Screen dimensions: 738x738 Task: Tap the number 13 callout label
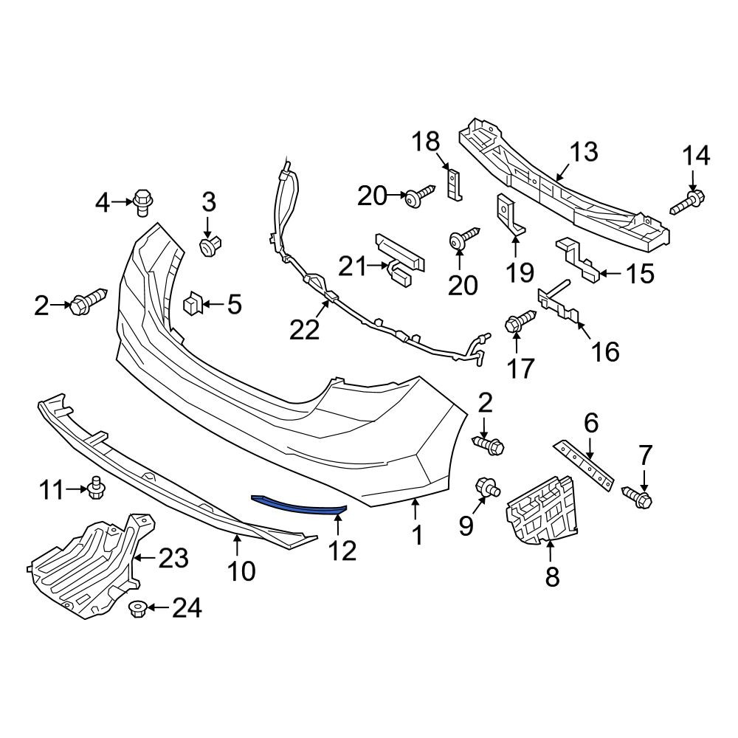[x=584, y=151]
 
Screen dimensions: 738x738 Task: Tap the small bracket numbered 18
[x=454, y=185]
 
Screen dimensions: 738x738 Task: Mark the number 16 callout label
[x=605, y=352]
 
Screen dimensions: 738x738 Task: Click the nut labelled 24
[x=137, y=609]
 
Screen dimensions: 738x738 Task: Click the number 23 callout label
[x=173, y=559]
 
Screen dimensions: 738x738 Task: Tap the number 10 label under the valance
[x=241, y=571]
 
